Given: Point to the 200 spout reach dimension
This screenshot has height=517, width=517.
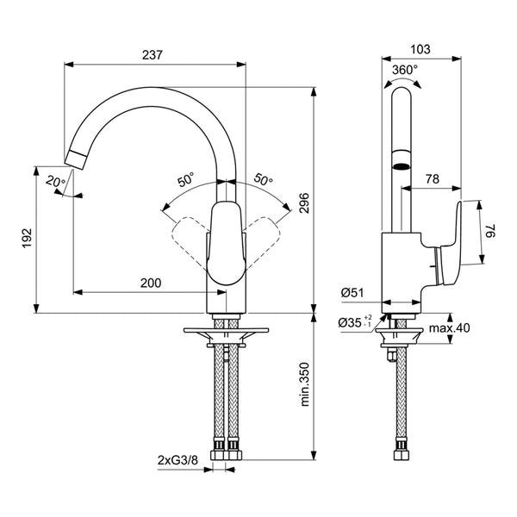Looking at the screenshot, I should (x=150, y=282).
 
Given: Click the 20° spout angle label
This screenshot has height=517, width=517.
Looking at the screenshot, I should (x=54, y=181).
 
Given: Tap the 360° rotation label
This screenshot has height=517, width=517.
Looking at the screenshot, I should (x=405, y=69).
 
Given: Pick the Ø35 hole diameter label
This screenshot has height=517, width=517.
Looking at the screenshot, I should (x=354, y=321).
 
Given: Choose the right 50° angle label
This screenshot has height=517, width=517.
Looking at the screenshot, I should (x=263, y=180).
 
